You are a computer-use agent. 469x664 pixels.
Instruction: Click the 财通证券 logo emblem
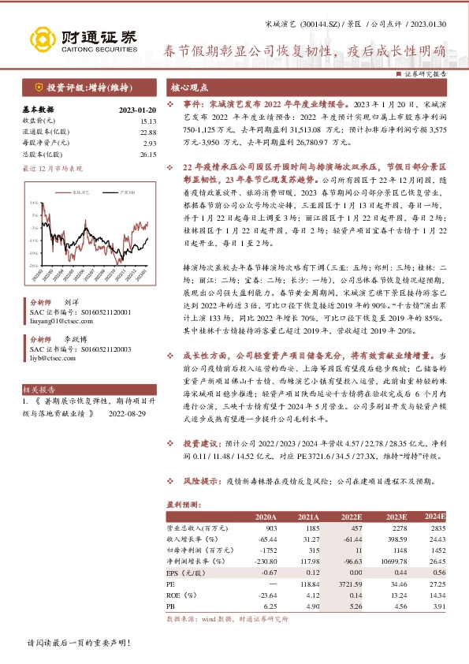point(39,39)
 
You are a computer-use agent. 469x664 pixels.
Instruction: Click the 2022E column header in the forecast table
point(351,517)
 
